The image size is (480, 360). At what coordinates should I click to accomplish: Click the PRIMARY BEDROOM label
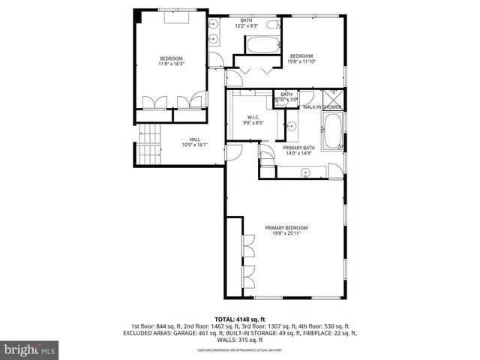click(x=286, y=227)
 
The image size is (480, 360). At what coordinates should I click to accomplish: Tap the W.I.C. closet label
click(x=253, y=118)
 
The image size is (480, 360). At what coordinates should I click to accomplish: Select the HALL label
click(x=194, y=139)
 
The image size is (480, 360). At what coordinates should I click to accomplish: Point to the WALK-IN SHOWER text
click(x=322, y=107)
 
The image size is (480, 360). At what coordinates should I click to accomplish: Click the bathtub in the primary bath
click(x=331, y=140)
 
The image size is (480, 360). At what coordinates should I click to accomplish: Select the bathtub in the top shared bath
click(x=257, y=45)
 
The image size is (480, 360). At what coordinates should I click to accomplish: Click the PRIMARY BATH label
click(x=298, y=148)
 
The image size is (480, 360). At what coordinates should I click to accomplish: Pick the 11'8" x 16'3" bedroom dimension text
click(x=170, y=64)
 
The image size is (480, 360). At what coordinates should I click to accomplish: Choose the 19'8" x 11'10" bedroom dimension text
click(x=301, y=61)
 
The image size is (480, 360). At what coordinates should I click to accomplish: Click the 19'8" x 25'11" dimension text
click(x=286, y=233)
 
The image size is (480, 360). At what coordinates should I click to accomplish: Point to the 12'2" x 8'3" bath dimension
click(x=246, y=26)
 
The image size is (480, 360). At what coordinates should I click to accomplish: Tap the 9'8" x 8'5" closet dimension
click(x=253, y=124)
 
